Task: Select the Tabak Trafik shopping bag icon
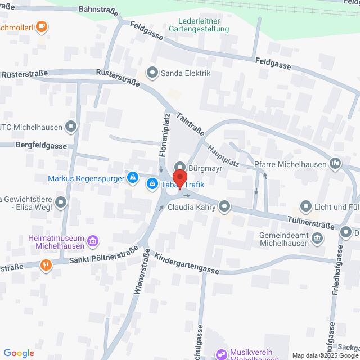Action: pos(152,183)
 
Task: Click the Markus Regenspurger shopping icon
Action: pos(132,178)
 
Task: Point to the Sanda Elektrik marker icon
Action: pos(152,73)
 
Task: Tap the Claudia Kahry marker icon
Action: pos(225,206)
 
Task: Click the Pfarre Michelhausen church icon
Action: pos(336,164)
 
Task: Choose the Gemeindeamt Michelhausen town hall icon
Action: pos(318,238)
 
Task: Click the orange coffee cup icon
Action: pos(41,26)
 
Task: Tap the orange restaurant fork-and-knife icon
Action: pos(46,264)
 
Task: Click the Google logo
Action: pos(19,353)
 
